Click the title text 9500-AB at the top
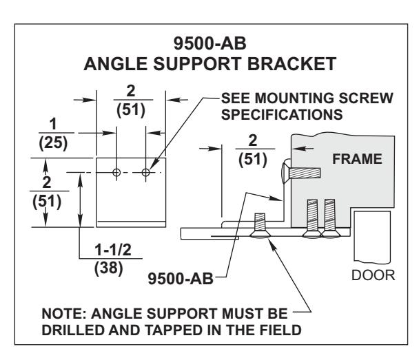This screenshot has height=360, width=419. pyautogui.click(x=209, y=43)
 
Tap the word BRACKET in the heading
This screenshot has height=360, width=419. pyautogui.click(x=292, y=64)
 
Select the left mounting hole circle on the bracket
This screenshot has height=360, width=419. pyautogui.click(x=116, y=172)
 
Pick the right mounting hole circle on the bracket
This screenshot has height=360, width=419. pyautogui.click(x=145, y=172)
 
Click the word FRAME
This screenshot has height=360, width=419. pyautogui.click(x=357, y=159)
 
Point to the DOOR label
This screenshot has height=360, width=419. pyautogui.click(x=374, y=275)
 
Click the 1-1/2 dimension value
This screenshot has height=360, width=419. pyautogui.click(x=113, y=250)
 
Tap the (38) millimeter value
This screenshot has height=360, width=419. pyautogui.click(x=109, y=268)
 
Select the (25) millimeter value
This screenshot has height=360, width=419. pyautogui.click(x=53, y=142)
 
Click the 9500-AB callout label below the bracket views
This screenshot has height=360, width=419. pyautogui.click(x=181, y=279)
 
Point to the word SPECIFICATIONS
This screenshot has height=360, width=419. pyautogui.click(x=282, y=114)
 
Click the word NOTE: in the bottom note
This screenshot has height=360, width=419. pyautogui.click(x=64, y=313)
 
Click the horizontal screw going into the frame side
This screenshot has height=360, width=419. pyautogui.click(x=300, y=173)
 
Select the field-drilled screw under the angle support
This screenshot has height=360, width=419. pyautogui.click(x=260, y=226)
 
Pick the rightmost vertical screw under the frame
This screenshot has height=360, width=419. pyautogui.click(x=330, y=218)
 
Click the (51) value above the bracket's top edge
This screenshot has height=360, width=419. pyautogui.click(x=131, y=110)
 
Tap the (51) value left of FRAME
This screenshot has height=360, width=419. pyautogui.click(x=253, y=159)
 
